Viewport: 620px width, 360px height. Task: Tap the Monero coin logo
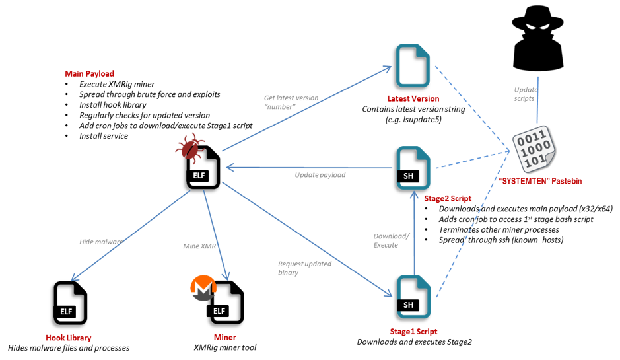click(x=203, y=288)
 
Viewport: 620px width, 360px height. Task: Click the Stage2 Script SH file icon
click(x=413, y=168)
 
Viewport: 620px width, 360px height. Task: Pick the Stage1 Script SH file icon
click(x=413, y=297)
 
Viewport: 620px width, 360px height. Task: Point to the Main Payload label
click(x=89, y=74)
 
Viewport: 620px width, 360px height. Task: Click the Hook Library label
click(x=68, y=338)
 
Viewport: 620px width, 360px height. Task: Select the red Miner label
click(x=224, y=338)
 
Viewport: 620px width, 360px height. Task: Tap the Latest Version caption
click(x=413, y=98)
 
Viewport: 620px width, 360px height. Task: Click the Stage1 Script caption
click(x=413, y=332)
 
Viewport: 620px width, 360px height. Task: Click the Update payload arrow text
click(x=320, y=175)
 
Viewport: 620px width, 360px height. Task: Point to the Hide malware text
click(x=101, y=242)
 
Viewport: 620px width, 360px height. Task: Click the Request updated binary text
click(x=304, y=268)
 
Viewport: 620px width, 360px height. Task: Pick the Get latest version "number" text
click(x=291, y=102)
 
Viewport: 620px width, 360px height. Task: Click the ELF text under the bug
click(x=199, y=176)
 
